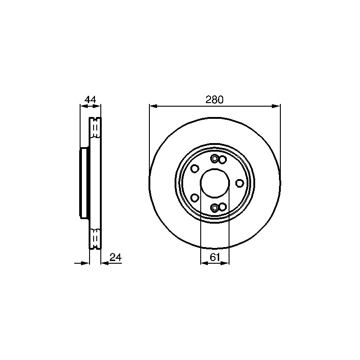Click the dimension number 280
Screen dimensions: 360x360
214,100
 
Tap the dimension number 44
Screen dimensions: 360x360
90,99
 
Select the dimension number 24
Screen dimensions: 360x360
116,257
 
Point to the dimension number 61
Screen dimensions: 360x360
215,257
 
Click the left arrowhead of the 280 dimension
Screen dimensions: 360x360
153,106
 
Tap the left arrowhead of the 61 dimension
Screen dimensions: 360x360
204,263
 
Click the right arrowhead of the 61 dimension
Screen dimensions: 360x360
225,263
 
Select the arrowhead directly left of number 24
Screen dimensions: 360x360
105,263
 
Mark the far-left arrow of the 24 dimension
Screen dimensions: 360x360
82,263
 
